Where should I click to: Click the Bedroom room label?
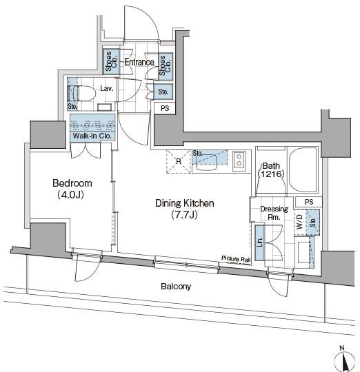click(x=72, y=183)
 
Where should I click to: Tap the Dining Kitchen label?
click(x=185, y=203)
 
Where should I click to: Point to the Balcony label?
click(x=176, y=287)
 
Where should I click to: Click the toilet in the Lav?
click(x=81, y=93)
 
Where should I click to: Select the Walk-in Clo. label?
click(x=92, y=136)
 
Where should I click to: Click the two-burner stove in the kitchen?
click(x=239, y=160)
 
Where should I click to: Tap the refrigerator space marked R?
click(x=179, y=162)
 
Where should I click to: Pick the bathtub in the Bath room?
click(x=303, y=169)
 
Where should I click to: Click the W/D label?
click(x=300, y=222)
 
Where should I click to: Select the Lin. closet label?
click(x=259, y=242)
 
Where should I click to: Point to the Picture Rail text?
click(x=236, y=259)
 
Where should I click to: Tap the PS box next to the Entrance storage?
click(x=165, y=108)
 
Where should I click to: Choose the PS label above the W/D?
click(x=309, y=202)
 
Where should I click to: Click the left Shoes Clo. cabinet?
click(x=111, y=61)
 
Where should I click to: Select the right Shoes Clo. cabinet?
click(x=166, y=65)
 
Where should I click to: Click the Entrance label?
click(x=139, y=62)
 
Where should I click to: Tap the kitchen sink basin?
click(x=206, y=163)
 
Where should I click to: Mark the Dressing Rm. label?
click(x=274, y=213)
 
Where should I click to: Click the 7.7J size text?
click(x=185, y=215)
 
